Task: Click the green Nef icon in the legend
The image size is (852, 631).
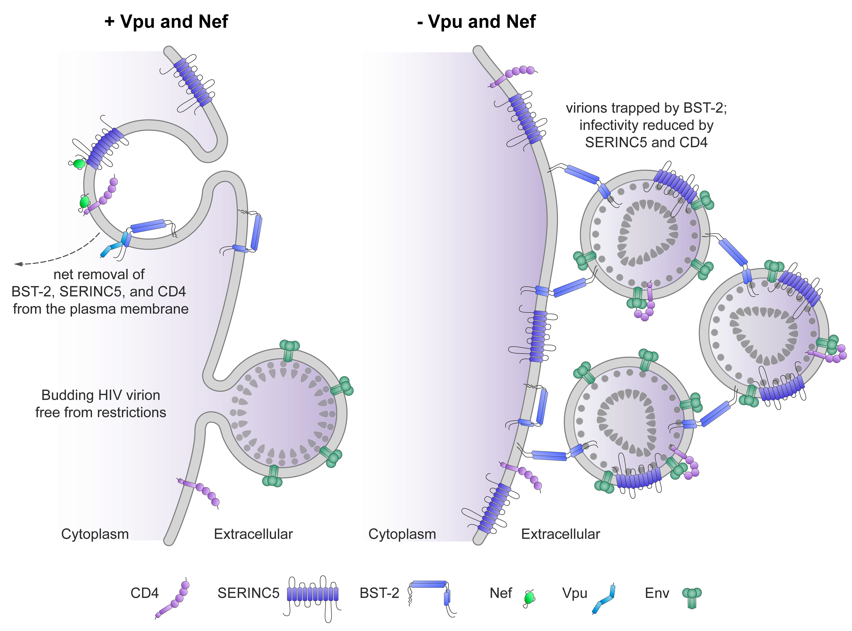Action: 529,598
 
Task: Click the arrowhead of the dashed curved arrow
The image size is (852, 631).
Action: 18,264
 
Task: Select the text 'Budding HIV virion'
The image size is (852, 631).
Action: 100,395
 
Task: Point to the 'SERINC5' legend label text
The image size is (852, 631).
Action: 248,593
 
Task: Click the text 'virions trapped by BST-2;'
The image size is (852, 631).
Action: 646,108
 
